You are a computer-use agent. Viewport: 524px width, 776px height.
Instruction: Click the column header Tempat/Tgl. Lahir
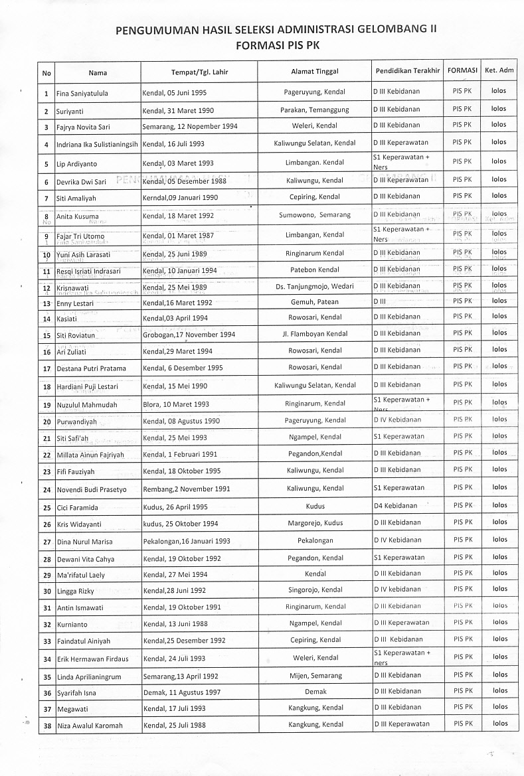(x=199, y=72)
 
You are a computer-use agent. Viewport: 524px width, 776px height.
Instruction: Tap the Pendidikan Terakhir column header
(x=407, y=71)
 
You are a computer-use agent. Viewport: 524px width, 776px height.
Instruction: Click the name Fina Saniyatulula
(x=82, y=94)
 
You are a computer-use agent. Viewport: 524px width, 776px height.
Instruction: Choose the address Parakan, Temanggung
(x=315, y=110)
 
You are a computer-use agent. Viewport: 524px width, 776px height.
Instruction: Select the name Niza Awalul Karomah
(x=90, y=726)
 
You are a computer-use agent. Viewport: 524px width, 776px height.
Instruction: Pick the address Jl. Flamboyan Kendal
(x=315, y=333)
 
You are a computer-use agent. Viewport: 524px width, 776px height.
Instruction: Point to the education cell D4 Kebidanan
(x=396, y=506)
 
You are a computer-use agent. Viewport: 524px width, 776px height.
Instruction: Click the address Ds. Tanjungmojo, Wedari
(x=315, y=286)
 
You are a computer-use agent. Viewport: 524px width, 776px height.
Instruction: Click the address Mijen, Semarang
(x=315, y=676)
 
